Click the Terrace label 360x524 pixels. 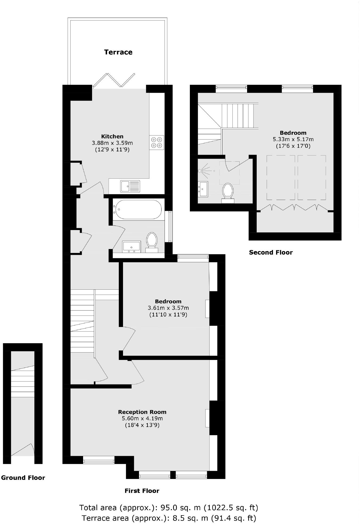tap(118, 52)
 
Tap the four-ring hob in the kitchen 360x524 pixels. tap(157, 142)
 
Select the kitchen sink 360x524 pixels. tap(130, 186)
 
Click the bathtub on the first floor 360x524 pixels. tap(137, 210)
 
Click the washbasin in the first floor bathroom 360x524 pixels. tap(131, 246)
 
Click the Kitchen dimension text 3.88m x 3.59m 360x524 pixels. tap(112, 143)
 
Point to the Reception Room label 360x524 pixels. tap(142, 412)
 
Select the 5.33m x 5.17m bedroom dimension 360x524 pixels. tap(293, 139)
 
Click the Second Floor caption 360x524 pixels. tap(271, 252)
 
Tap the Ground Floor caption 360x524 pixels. tap(23, 478)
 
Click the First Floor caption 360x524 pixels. tap(142, 491)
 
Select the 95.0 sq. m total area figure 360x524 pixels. tap(180, 508)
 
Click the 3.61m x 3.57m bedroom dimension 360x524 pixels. tap(168, 308)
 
